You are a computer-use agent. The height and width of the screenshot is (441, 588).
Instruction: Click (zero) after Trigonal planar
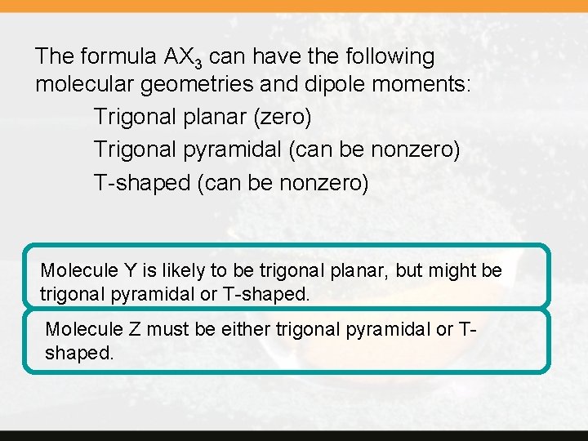click(282, 118)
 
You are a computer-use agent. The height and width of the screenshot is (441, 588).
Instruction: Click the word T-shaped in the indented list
click(142, 183)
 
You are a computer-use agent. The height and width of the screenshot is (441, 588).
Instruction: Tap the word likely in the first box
click(179, 270)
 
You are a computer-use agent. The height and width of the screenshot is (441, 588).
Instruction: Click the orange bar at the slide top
click(294, 5)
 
